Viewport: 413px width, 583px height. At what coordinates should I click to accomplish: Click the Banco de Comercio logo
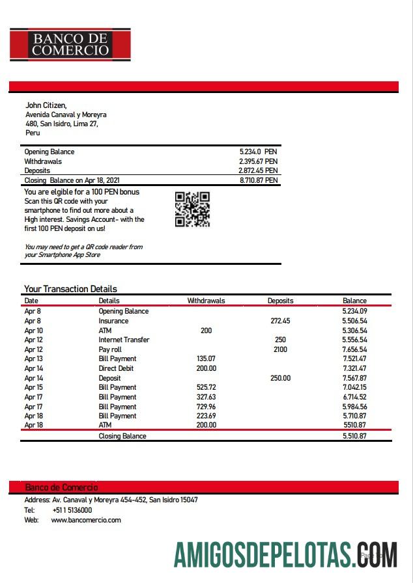70,44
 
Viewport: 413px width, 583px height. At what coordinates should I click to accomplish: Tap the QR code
192,209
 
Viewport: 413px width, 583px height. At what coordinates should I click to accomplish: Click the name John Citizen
46,105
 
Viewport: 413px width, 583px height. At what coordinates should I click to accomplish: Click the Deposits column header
280,301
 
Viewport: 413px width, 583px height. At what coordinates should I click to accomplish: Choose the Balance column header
354,301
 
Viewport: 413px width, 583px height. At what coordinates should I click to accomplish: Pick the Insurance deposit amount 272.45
280,321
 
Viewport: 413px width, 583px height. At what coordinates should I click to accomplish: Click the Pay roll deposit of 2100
280,349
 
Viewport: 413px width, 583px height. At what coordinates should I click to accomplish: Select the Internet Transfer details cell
124,340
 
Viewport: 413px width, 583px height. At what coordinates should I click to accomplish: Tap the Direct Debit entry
117,368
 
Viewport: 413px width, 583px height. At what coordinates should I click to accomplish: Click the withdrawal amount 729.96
206,406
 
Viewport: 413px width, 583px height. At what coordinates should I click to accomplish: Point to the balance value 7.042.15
354,387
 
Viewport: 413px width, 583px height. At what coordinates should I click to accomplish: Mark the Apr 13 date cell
33,359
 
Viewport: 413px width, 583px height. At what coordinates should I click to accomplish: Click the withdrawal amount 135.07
206,359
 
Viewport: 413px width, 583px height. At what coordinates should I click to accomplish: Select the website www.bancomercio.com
86,520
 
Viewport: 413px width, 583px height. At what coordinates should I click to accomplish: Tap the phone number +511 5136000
72,510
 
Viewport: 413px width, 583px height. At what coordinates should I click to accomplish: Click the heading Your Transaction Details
70,289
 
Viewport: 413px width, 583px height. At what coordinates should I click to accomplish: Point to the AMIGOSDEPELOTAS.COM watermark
285,555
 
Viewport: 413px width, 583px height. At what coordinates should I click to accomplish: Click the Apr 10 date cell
33,331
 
